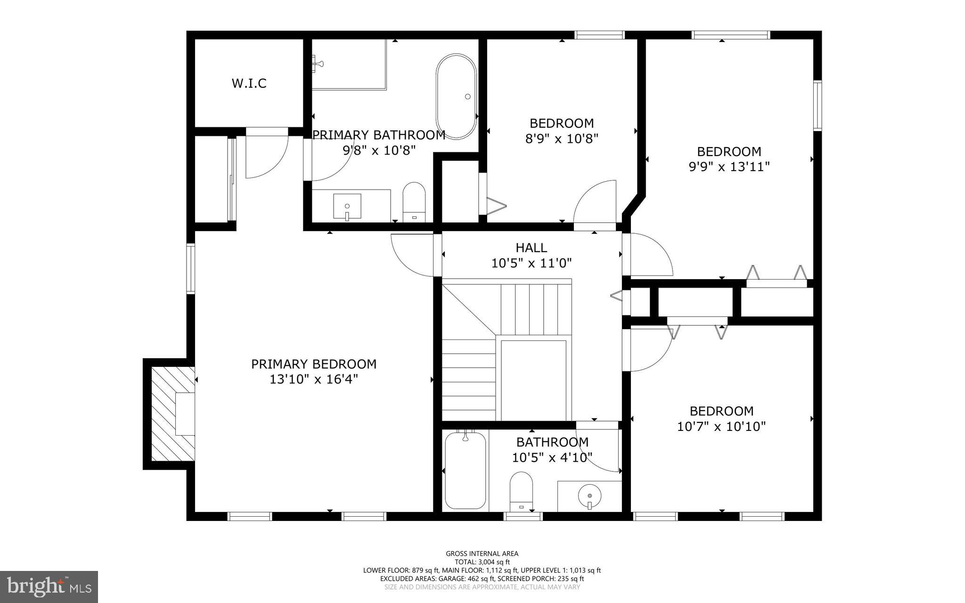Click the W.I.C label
249,83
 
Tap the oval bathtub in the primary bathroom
456,96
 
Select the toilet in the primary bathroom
414,203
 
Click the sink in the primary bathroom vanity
347,207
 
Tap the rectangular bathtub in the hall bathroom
465,471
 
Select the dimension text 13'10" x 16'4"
314,380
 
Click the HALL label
531,248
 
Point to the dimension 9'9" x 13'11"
729,167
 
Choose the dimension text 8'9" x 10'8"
561,139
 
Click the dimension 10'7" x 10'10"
721,427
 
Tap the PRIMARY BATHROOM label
379,135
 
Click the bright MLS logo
49,586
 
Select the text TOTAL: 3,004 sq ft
482,562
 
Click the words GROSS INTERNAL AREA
482,553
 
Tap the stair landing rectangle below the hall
533,380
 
